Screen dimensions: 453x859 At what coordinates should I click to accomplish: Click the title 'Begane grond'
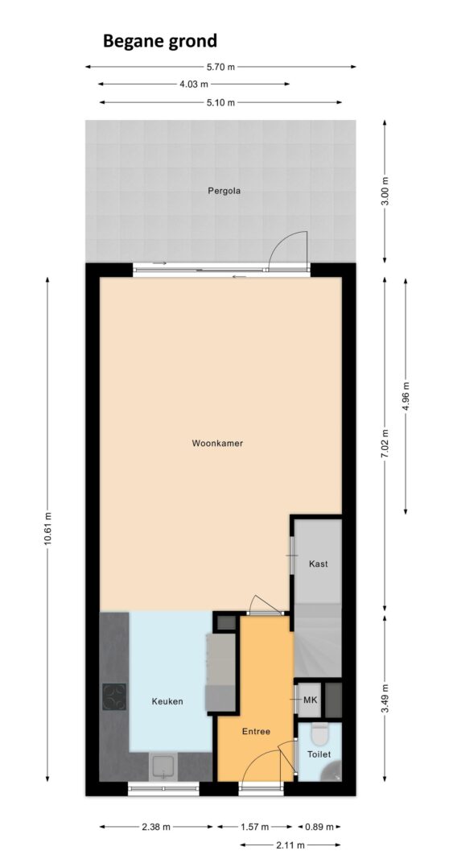160,41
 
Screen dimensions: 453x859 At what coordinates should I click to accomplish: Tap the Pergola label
224,191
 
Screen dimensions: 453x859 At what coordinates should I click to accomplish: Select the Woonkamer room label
217,444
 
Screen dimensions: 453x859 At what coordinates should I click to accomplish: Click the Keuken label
167,701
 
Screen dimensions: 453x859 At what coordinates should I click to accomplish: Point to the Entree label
257,731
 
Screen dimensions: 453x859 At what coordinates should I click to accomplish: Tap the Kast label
319,564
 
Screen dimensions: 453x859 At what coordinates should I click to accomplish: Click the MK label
311,700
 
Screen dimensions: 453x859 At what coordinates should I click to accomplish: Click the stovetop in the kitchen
114,697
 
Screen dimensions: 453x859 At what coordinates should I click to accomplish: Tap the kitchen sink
163,766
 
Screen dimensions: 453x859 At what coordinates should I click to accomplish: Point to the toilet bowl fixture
319,733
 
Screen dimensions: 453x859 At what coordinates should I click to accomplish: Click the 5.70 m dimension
220,67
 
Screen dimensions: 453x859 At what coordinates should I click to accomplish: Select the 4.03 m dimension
194,85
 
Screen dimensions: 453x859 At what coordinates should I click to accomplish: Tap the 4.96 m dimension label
406,395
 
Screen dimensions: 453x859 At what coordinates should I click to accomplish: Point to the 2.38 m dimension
156,827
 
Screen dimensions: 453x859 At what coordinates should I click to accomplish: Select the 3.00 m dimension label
385,191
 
